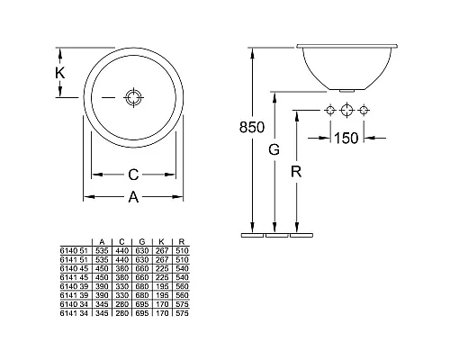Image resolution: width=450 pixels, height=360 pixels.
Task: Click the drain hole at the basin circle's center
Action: click(133, 97)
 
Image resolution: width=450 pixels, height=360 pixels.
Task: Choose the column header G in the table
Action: click(142, 240)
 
